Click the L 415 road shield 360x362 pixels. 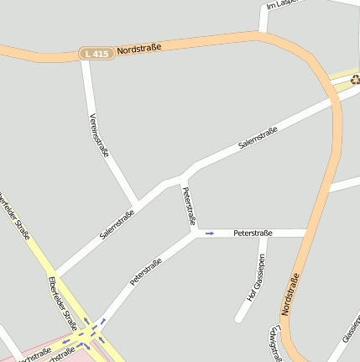point(96,53)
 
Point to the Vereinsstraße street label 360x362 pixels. point(99,134)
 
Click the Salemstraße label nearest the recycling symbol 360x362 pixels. point(258,137)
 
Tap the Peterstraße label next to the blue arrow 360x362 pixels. point(254,232)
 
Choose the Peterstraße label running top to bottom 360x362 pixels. point(189,207)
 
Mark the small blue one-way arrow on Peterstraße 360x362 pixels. point(209,233)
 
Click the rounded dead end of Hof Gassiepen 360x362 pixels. point(239,318)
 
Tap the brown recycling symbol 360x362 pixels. point(355,80)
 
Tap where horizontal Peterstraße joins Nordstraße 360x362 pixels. point(308,233)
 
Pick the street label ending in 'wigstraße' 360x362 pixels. point(274,344)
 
